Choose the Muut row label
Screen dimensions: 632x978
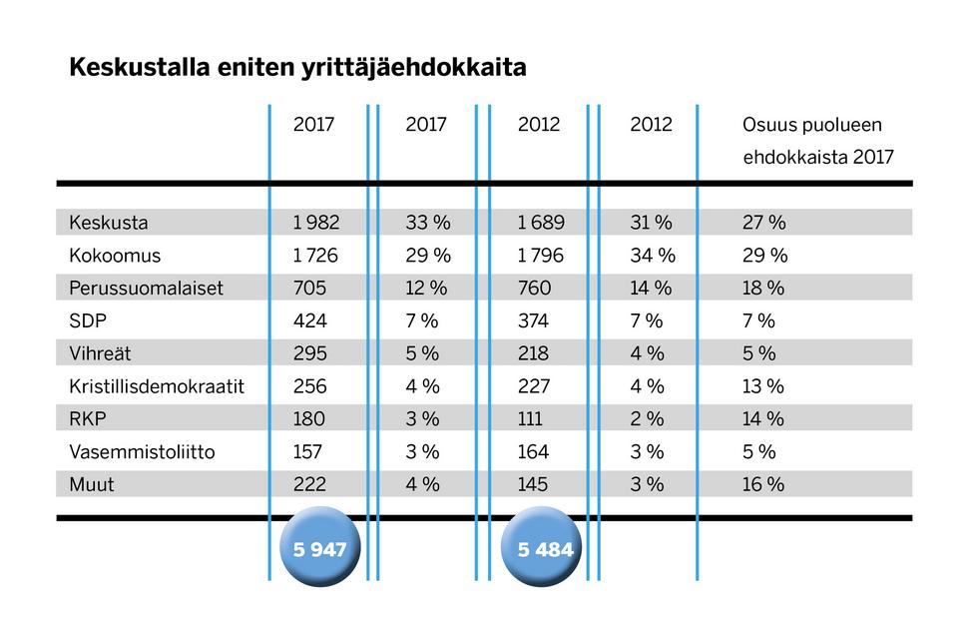[x=93, y=484]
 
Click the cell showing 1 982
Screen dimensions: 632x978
[x=316, y=223]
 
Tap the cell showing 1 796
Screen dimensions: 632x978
[x=541, y=256]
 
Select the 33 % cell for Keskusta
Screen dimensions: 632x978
[x=428, y=223]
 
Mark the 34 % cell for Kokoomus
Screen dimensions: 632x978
[x=653, y=256]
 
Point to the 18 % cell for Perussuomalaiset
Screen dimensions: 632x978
[x=763, y=289]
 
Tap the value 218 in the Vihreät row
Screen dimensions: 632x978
[x=534, y=353]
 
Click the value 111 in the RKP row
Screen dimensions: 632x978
[x=531, y=419]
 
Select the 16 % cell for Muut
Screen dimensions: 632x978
[x=763, y=484]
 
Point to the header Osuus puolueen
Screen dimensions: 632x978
[x=813, y=126]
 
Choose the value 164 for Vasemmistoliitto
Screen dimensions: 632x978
[x=534, y=452]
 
